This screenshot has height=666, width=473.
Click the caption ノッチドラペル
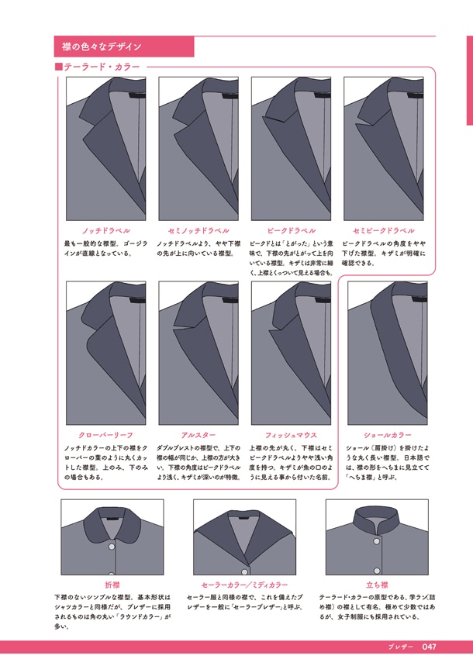(x=105, y=230)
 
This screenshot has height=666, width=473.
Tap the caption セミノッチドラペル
(x=199, y=230)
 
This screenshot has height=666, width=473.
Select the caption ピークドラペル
(x=291, y=230)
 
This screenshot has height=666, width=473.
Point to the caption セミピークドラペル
(x=383, y=230)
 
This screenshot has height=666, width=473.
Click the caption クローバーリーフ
(x=105, y=435)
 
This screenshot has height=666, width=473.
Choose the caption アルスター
(x=199, y=435)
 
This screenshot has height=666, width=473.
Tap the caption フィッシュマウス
(x=291, y=435)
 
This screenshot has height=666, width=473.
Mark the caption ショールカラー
(x=387, y=435)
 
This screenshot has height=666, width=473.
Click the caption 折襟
(x=112, y=585)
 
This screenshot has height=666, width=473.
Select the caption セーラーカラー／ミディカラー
(x=244, y=585)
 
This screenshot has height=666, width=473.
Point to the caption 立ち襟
(x=377, y=585)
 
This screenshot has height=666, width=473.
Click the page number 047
(x=430, y=647)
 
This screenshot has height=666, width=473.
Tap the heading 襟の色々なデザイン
(x=102, y=47)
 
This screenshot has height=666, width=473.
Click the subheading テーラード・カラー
(x=102, y=67)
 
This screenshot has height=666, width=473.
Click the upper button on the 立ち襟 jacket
(x=377, y=541)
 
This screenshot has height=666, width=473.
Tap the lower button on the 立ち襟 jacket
(x=377, y=571)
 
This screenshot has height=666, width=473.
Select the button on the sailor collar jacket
(x=244, y=572)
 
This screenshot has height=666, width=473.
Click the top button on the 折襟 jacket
(x=112, y=547)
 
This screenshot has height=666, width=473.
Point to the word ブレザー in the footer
(x=400, y=647)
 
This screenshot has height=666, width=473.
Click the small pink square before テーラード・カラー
(x=59, y=67)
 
